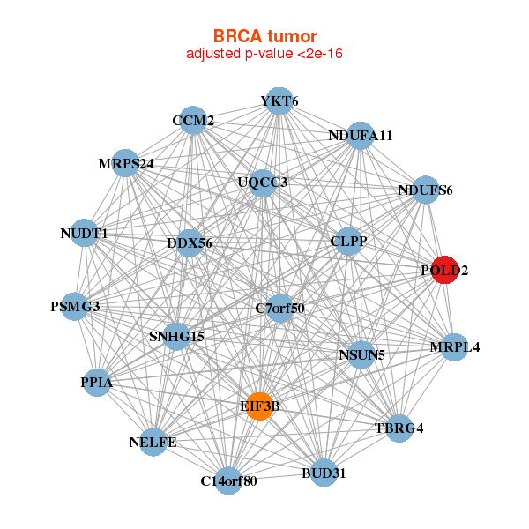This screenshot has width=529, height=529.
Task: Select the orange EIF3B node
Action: click(260, 406)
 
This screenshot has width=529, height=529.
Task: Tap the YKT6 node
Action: click(279, 101)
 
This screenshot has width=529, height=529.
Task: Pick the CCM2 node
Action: click(193, 120)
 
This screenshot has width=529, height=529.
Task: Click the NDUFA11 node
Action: click(360, 136)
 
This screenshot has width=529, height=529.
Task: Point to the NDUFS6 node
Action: click(425, 190)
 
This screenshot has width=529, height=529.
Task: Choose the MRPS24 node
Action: click(126, 163)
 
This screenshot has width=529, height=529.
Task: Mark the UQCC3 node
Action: click(263, 183)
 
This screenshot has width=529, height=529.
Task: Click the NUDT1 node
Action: click(84, 234)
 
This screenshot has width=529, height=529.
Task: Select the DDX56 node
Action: click(190, 242)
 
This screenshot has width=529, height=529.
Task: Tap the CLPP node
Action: click(348, 241)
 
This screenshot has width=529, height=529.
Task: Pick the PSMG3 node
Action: click(75, 307)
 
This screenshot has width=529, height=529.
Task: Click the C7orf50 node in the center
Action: click(279, 308)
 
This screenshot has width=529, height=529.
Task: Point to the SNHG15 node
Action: click(176, 336)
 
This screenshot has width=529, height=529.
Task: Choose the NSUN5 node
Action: click(361, 355)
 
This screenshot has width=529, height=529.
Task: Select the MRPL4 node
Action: click(455, 346)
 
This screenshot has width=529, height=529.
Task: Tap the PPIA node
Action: click(96, 383)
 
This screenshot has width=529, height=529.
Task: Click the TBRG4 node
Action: click(399, 428)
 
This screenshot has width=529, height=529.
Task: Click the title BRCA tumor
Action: click(264, 36)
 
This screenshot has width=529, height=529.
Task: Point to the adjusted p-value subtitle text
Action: click(264, 54)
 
